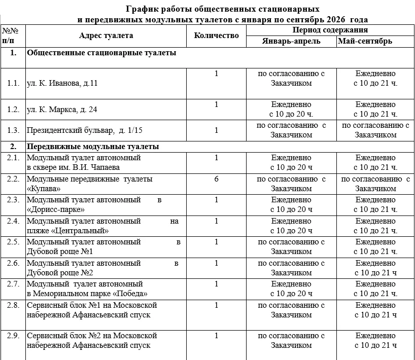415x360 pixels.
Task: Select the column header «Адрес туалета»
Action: click(x=106, y=35)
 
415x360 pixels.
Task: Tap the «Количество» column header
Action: click(x=216, y=35)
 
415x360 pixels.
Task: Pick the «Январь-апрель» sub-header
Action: click(x=291, y=41)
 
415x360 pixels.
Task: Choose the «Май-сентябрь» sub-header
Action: click(x=365, y=41)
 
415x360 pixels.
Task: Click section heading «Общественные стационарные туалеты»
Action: click(x=101, y=53)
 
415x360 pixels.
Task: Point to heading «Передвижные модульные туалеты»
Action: click(x=93, y=147)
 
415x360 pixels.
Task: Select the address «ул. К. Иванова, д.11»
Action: click(x=62, y=83)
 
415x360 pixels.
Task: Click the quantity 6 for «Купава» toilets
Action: click(x=216, y=179)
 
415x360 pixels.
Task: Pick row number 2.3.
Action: click(x=13, y=200)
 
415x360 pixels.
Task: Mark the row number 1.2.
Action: click(x=13, y=109)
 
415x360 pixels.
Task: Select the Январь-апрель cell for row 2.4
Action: click(x=291, y=226)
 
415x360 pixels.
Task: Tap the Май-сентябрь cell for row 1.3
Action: click(x=375, y=130)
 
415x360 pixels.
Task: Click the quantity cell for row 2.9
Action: click(x=216, y=336)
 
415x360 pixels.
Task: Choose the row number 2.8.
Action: click(x=13, y=305)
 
